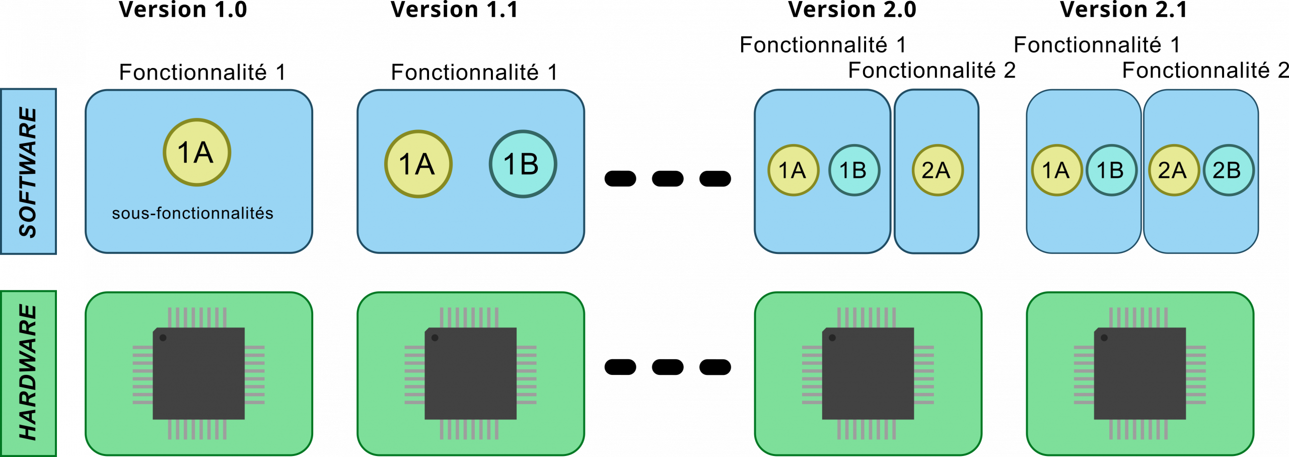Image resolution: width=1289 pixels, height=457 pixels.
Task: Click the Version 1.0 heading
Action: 183,10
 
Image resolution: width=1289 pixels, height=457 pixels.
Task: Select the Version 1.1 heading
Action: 454,10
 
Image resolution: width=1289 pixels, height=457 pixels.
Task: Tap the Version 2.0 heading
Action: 852,10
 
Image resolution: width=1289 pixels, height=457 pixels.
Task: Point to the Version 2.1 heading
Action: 1123,10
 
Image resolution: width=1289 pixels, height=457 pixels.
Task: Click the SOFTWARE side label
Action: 28,171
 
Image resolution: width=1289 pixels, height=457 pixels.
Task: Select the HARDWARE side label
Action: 28,373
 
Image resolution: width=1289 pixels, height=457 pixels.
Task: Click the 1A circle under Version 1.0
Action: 197,152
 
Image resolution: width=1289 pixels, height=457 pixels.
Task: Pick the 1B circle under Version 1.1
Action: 523,164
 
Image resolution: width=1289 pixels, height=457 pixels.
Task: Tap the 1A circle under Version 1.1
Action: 418,164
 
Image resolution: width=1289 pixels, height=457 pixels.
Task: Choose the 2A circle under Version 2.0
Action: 938,170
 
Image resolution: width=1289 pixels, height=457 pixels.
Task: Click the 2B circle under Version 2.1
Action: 1229,170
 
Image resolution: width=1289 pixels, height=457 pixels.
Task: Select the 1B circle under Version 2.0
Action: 854,170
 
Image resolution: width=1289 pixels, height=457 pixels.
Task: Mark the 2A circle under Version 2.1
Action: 1174,170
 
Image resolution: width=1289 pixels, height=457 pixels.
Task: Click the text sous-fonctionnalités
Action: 192,213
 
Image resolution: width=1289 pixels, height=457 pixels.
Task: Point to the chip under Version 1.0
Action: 198,373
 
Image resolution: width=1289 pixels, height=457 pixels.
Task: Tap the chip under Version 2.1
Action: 1139,373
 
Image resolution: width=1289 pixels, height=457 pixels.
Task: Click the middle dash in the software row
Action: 668,178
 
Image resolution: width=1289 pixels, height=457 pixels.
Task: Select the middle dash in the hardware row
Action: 668,367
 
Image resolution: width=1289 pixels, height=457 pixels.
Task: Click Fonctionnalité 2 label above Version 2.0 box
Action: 932,71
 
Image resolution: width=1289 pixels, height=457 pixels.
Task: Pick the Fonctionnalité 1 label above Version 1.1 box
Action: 474,72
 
